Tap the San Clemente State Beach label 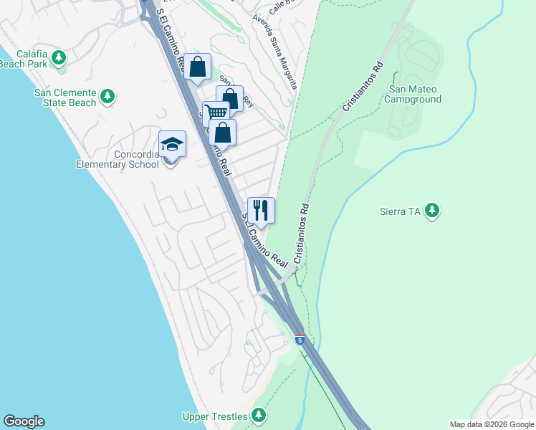coord(64,97)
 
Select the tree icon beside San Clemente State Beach coord(107,96)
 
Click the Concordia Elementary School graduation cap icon coord(172,145)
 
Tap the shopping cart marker coord(215,113)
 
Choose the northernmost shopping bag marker coord(198,68)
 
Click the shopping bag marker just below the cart coord(224,133)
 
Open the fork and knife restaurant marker coord(261,211)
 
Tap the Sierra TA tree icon coord(431,211)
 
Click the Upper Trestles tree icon coord(258,416)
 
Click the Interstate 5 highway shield coord(300,338)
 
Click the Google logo coord(24,421)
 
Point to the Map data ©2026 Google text coord(492,424)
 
